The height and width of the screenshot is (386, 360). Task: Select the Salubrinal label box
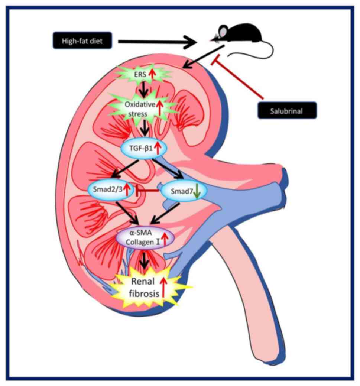287,110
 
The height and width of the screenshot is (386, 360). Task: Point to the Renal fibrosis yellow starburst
145,288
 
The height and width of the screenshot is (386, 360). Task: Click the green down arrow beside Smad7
197,191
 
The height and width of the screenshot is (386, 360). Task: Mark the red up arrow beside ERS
152,74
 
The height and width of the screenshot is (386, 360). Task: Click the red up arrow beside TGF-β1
158,148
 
